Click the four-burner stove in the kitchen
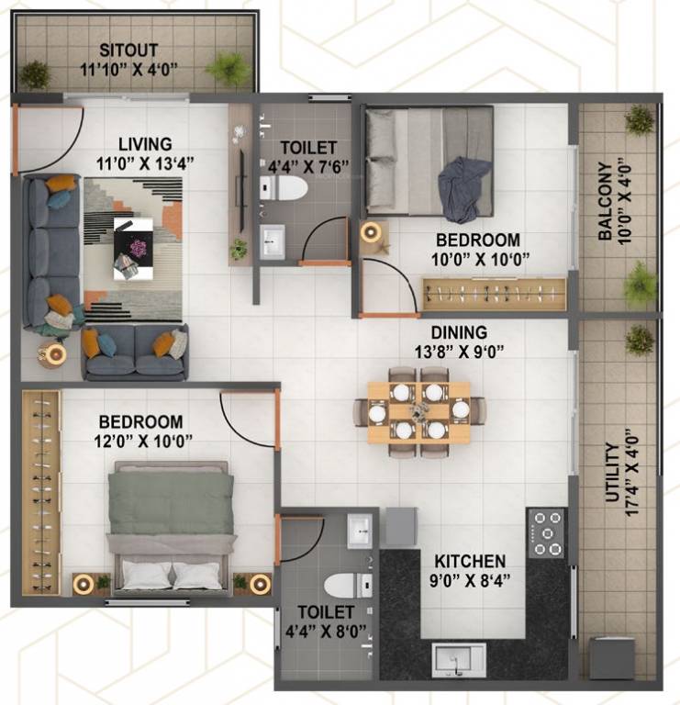point(548,532)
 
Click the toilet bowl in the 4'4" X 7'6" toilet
point(285,189)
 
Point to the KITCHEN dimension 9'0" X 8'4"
point(470,579)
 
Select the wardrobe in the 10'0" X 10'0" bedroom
point(494,295)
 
